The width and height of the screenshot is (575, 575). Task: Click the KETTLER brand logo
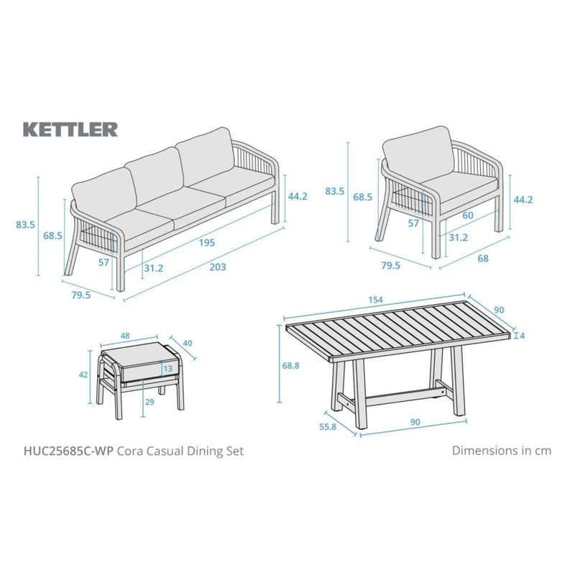(70, 129)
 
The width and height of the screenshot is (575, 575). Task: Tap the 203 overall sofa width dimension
(217, 267)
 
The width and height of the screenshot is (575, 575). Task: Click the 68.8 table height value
(291, 367)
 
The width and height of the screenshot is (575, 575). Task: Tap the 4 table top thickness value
(522, 336)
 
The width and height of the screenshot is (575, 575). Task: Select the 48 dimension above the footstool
(126, 336)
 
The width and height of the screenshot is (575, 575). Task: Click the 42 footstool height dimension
(83, 374)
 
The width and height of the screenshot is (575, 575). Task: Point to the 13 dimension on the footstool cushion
(167, 369)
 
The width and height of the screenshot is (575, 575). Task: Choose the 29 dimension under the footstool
(149, 402)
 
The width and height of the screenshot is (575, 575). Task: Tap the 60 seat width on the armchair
(468, 216)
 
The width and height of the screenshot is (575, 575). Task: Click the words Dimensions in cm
(501, 451)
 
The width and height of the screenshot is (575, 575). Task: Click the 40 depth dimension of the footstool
(188, 344)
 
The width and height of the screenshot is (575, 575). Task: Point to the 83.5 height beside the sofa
(25, 224)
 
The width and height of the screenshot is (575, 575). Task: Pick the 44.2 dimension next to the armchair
(523, 200)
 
